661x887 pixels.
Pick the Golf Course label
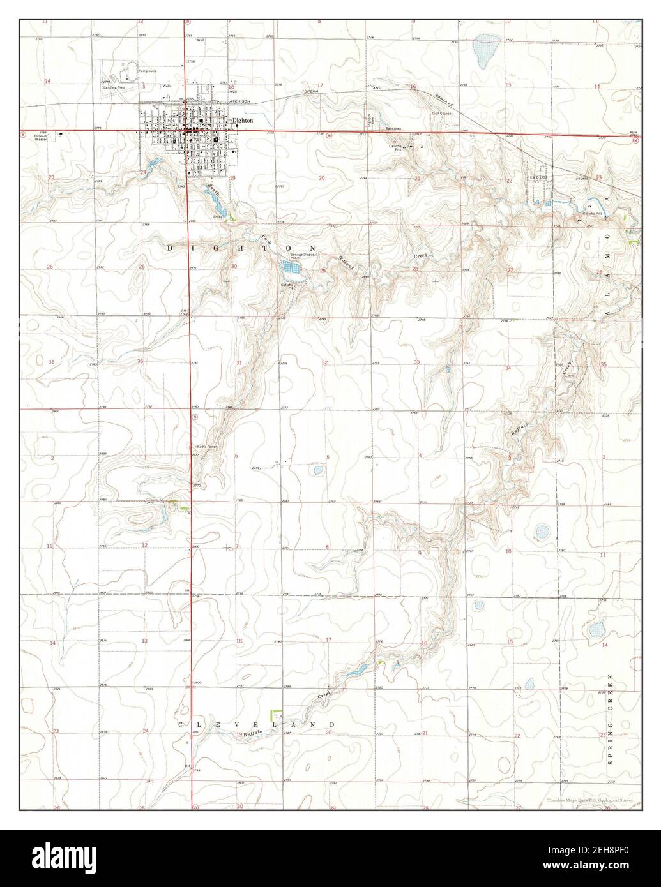point(441,113)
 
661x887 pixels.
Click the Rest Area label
point(392,129)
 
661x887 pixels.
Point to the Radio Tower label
point(208,447)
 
